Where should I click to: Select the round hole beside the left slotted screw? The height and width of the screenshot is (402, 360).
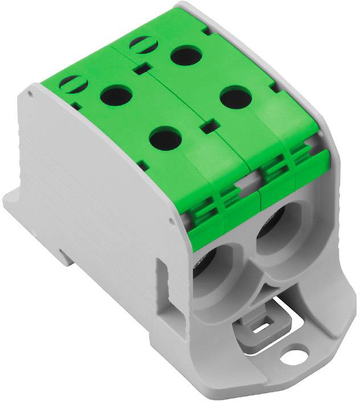click(116, 95)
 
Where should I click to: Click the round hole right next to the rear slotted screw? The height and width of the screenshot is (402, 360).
click(184, 56)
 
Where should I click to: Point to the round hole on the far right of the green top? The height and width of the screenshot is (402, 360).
click(236, 97)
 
